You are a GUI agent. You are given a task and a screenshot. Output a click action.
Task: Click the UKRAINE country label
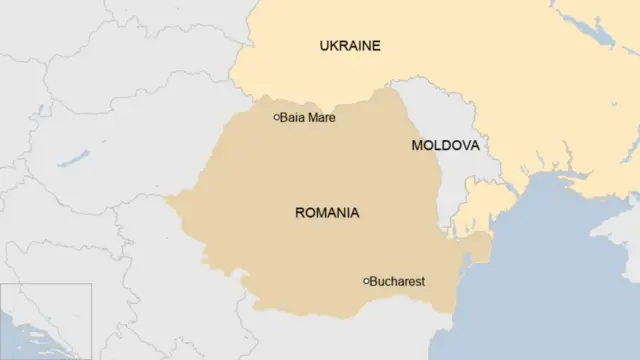(x=350, y=46)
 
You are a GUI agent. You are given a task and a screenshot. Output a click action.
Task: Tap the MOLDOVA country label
(x=445, y=146)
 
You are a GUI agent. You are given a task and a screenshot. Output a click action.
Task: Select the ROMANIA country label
(x=327, y=213)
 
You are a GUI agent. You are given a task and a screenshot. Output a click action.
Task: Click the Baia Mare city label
(x=307, y=118)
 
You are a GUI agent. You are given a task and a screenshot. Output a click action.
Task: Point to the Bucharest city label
(x=397, y=282)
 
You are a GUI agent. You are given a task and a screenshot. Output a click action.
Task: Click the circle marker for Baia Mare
(x=277, y=118)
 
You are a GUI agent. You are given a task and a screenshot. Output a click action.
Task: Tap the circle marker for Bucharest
(x=366, y=281)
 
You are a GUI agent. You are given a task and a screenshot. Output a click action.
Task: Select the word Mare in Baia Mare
(x=322, y=118)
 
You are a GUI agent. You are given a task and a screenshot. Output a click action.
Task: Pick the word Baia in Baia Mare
(x=292, y=118)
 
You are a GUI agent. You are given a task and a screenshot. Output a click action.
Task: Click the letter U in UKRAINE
(x=324, y=46)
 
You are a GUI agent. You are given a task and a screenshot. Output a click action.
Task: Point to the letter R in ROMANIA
(x=300, y=213)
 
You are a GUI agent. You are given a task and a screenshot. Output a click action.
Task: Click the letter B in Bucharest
(x=374, y=282)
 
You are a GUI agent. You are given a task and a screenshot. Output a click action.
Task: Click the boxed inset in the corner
(x=46, y=320)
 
